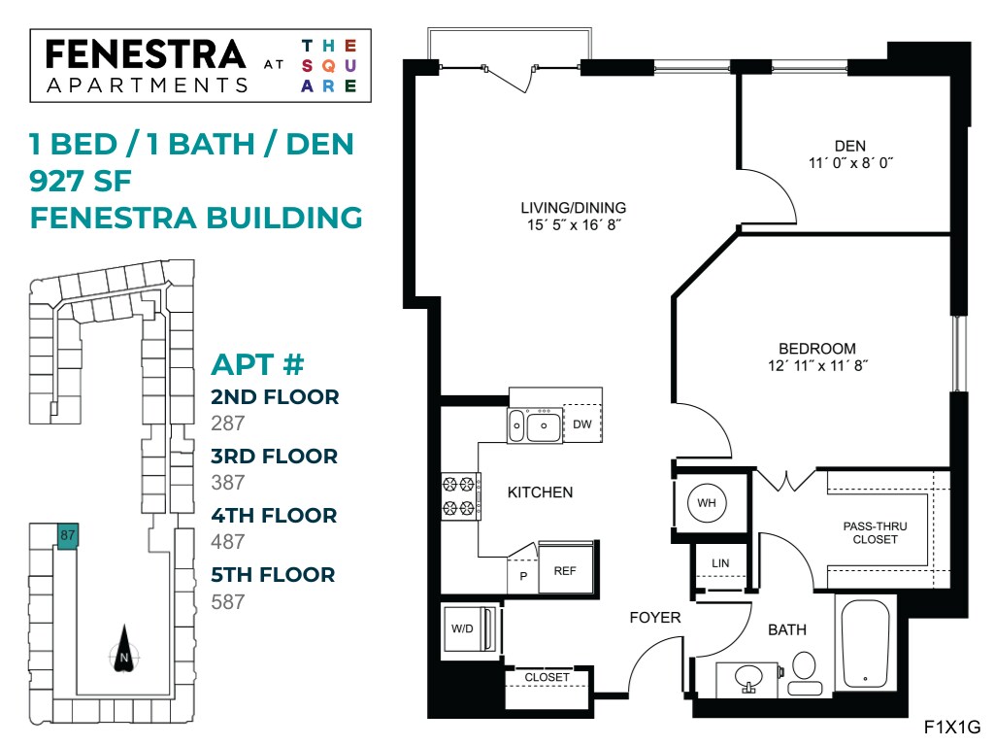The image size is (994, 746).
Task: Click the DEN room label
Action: pyautogui.click(x=849, y=146)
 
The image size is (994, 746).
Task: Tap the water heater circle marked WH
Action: pyautogui.click(x=706, y=503)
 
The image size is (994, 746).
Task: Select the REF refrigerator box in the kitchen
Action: pyautogui.click(x=565, y=570)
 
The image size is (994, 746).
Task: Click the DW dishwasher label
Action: pyautogui.click(x=581, y=424)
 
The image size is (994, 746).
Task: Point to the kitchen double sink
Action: pyautogui.click(x=533, y=424)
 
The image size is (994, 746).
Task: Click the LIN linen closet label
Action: pyautogui.click(x=719, y=563)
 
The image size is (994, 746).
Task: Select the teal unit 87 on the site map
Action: pyautogui.click(x=67, y=535)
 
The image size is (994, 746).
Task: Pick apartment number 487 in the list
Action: pyautogui.click(x=228, y=542)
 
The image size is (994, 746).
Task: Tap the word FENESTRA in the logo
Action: pyautogui.click(x=146, y=53)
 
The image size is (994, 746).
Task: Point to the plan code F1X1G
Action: pyautogui.click(x=952, y=727)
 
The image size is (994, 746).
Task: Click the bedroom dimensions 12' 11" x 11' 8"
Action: pyautogui.click(x=816, y=366)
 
